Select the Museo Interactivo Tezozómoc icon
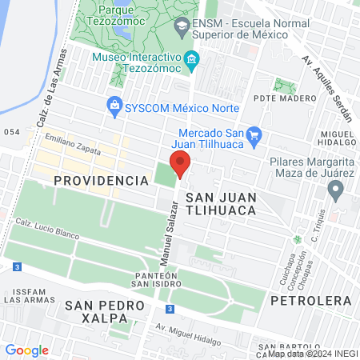click(x=191, y=60)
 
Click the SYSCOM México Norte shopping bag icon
click(x=114, y=105)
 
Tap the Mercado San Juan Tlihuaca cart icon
click(x=254, y=134)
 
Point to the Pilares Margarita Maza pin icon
click(x=336, y=190)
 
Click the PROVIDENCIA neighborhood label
click(x=102, y=181)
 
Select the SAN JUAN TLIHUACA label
click(x=220, y=202)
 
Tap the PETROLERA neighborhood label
click(x=311, y=300)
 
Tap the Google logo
click(x=26, y=350)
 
